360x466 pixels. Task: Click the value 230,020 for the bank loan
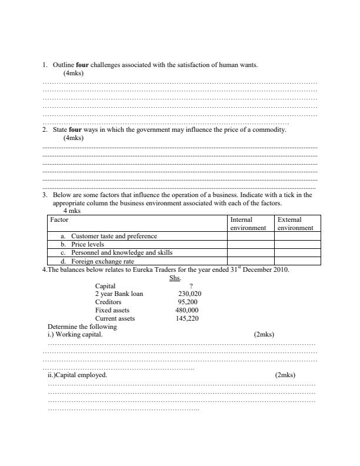189,294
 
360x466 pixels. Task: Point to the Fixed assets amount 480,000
187,310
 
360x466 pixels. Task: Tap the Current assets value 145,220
188,318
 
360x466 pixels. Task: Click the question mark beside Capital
191,285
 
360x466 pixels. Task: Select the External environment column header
298,224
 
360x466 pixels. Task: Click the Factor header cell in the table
59,219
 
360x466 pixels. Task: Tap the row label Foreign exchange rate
102,261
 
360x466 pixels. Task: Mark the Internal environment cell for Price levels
250,244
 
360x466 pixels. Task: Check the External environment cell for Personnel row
298,252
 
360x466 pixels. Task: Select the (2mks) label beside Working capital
264,334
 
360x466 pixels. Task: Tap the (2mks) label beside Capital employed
285,375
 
